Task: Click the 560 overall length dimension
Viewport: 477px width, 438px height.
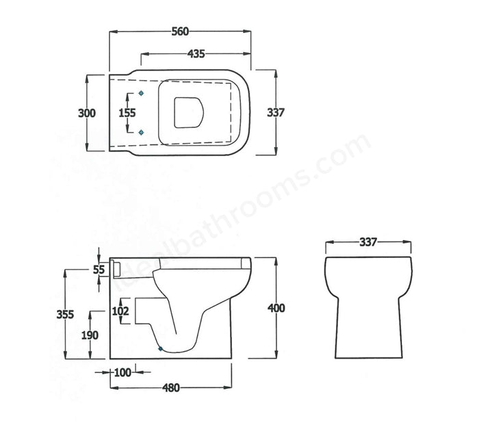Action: tap(179, 31)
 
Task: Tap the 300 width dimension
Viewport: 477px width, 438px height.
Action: tap(87, 113)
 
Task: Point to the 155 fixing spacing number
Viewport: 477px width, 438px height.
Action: tap(127, 113)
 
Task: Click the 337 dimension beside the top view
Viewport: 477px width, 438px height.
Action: tap(275, 113)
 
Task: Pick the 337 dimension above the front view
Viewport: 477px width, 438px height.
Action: tap(368, 242)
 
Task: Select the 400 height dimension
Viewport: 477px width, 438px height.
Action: tap(276, 308)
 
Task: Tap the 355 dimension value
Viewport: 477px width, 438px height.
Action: tap(66, 314)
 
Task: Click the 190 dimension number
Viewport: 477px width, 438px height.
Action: tap(90, 335)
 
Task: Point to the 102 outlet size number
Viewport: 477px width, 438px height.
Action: tap(120, 311)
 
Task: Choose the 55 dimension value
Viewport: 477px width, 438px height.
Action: tap(99, 270)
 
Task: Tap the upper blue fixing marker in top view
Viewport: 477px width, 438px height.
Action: tap(141, 93)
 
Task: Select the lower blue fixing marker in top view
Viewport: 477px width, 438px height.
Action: tap(141, 132)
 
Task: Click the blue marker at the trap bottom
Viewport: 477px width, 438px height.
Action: tap(160, 349)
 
